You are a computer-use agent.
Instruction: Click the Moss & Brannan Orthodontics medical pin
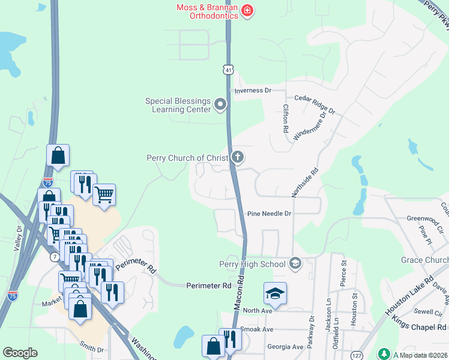247,11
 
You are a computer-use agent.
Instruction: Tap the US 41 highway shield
228,70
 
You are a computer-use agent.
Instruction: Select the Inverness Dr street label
253,91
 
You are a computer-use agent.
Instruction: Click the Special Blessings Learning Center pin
220,105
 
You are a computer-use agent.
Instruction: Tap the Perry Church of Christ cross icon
238,158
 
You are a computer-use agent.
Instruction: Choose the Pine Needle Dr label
269,214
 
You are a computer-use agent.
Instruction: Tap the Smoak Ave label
256,329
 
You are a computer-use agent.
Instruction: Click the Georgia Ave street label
285,347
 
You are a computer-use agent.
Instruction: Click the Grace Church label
424,260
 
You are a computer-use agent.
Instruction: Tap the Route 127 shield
357,355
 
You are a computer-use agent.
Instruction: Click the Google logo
20,353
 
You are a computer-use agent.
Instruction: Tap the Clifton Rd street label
286,118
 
